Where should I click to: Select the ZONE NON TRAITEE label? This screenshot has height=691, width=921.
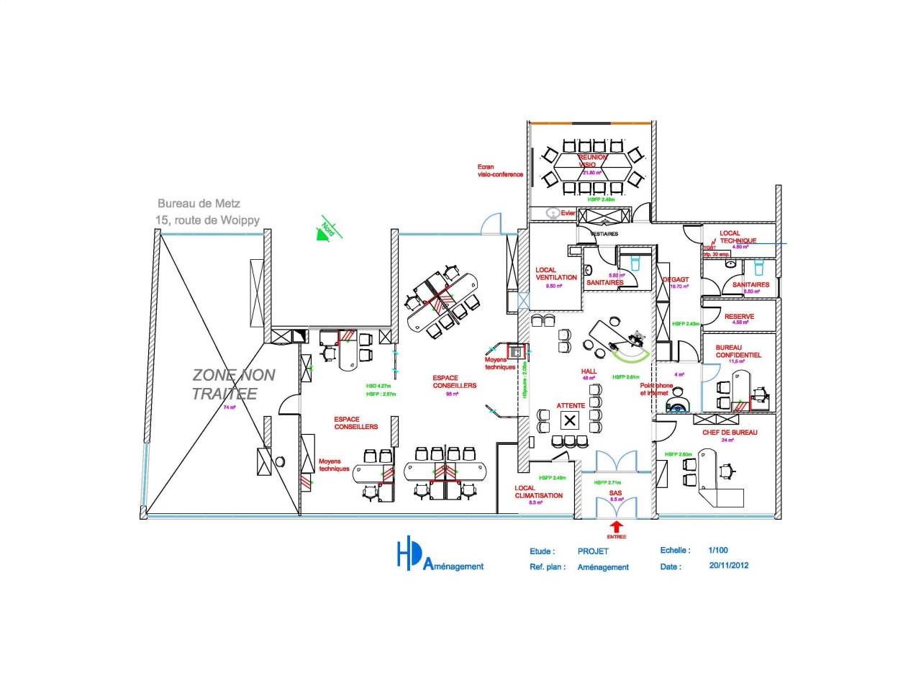coord(233,384)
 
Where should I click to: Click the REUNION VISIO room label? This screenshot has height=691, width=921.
coord(592,161)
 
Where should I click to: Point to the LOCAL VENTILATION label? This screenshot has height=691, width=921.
coord(555,274)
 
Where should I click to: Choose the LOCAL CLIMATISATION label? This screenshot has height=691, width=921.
coord(538,492)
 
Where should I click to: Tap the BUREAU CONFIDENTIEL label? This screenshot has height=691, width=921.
coord(738,351)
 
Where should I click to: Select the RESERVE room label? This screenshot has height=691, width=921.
coord(739,317)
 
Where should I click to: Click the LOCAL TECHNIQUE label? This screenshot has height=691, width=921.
coord(738,237)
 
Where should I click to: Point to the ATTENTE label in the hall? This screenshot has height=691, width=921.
coord(571,406)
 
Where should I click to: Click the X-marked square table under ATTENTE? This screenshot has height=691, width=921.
coord(571,420)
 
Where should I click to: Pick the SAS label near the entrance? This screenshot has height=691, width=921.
coord(615,493)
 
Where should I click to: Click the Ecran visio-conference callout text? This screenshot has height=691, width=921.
coord(499,171)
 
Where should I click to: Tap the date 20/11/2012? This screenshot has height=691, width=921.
coord(728,565)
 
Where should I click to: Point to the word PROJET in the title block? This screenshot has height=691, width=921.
coord(593,551)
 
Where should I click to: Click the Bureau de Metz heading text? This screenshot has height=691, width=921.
coord(199,204)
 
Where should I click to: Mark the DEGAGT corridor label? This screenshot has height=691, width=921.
coord(676,279)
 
